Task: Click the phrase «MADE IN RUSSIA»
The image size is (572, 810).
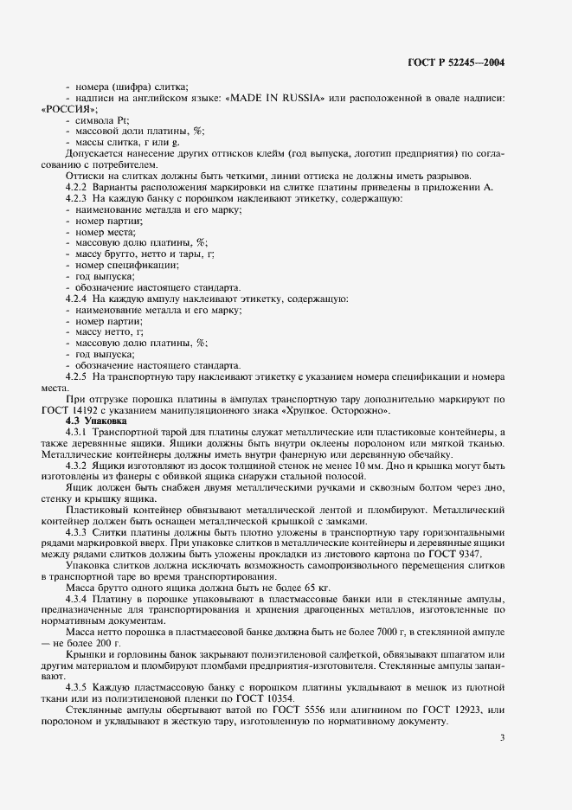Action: click(x=274, y=98)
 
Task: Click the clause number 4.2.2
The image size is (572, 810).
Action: click(x=80, y=187)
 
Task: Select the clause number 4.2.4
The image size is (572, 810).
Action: click(x=80, y=299)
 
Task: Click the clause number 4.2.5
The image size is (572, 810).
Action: click(x=80, y=376)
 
